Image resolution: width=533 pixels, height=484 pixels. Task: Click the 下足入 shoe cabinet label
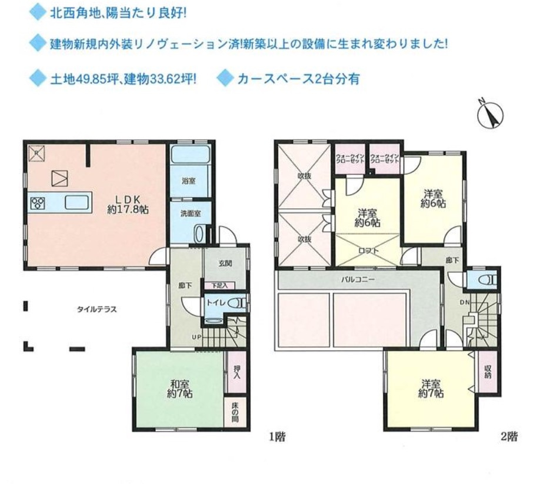point(219,286)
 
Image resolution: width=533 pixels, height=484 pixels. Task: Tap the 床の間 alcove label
point(235,410)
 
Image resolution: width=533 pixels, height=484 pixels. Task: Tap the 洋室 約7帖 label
point(432,389)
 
